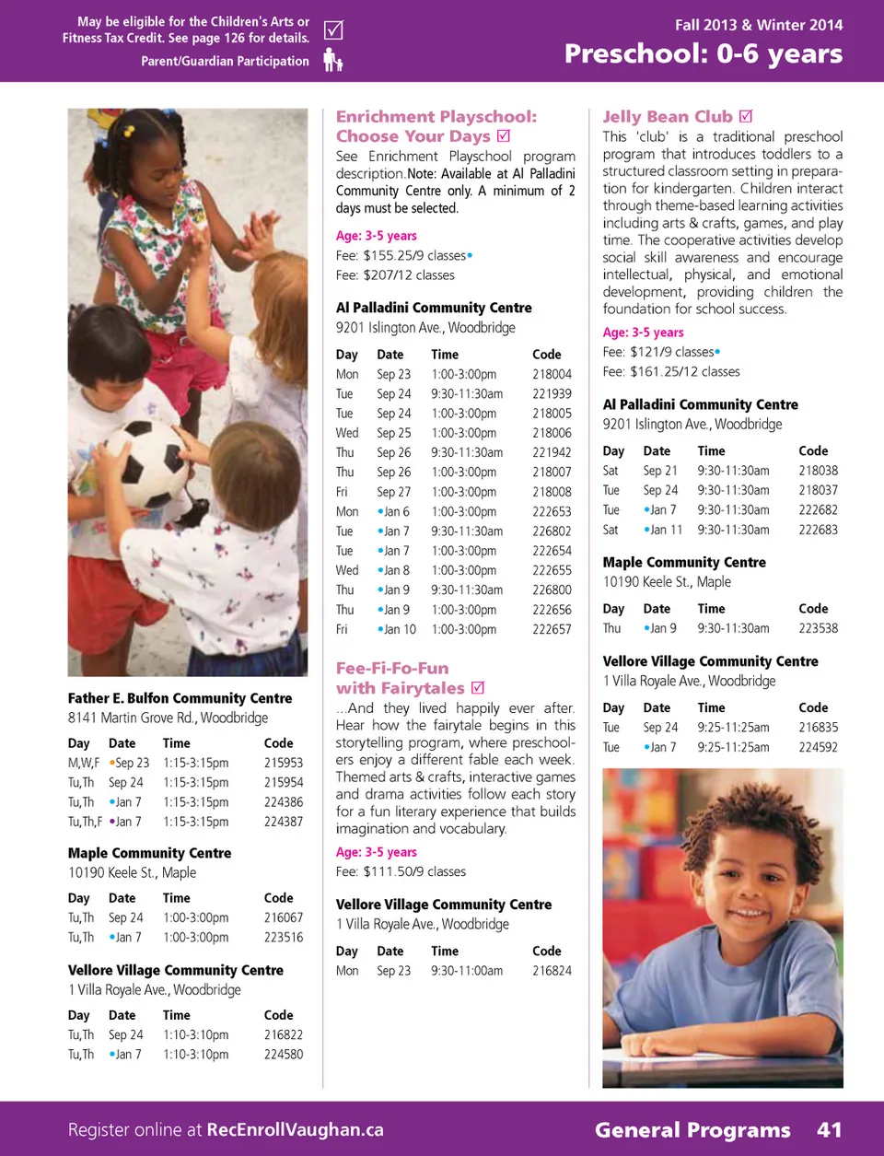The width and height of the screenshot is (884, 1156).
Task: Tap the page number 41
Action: pos(829,1129)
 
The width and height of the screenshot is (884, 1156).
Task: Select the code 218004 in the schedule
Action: pos(552,374)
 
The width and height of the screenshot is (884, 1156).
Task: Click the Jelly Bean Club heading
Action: pos(668,117)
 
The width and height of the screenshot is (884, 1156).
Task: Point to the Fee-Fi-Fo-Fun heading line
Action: pos(392,669)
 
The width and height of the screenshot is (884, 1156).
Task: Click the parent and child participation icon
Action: pos(333,61)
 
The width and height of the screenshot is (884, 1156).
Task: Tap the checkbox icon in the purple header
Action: pos(333,30)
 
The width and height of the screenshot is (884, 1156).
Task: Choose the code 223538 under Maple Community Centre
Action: pos(818,628)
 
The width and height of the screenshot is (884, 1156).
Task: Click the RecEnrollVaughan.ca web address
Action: pos(295,1129)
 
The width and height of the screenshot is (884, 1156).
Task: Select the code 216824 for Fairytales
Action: pos(552,971)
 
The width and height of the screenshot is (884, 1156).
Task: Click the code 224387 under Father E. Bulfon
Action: pos(284,822)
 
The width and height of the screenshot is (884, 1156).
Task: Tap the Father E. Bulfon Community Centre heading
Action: pos(180,698)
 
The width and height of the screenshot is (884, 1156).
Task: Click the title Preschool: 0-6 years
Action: pos(704,54)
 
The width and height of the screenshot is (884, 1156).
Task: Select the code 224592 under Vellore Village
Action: pos(818,747)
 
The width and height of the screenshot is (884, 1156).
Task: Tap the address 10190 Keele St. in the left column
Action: pos(132,872)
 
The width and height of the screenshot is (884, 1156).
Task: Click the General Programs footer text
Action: pos(692,1129)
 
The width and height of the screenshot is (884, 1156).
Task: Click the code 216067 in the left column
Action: pos(284,917)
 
